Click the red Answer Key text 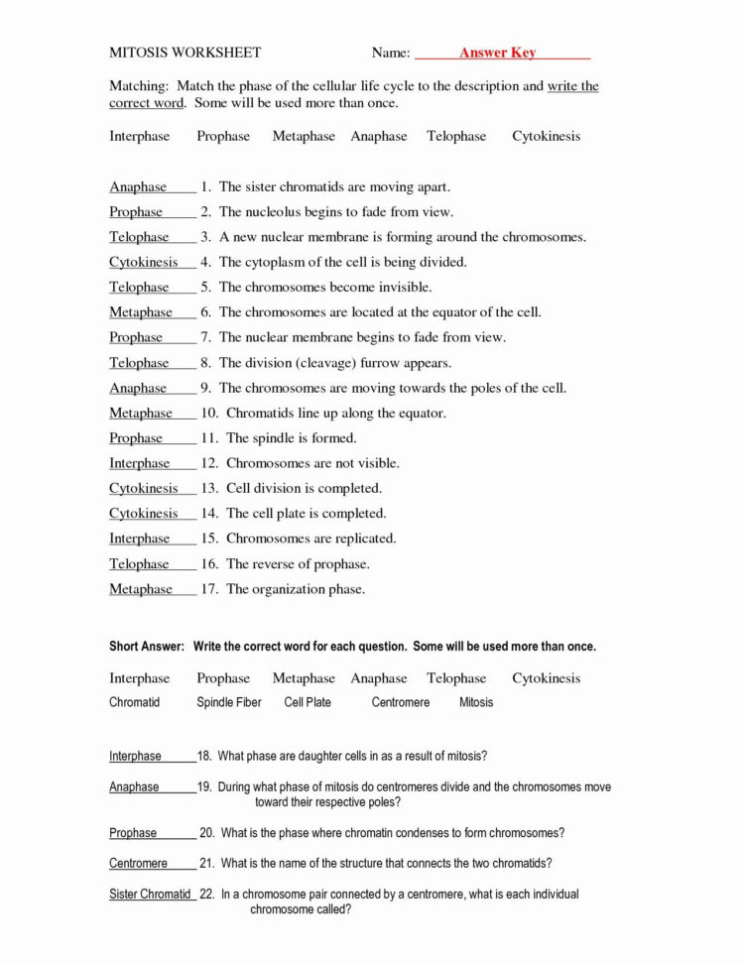(x=497, y=53)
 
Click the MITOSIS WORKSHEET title (x=185, y=53)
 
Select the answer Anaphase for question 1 (x=138, y=186)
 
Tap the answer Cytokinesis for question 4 (x=144, y=262)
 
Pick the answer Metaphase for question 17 (x=140, y=589)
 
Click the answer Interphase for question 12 (x=139, y=463)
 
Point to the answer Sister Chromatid (x=150, y=894)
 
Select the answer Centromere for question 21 (x=138, y=863)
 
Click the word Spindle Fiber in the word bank (x=229, y=702)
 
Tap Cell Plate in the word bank (x=308, y=702)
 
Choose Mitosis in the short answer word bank (x=476, y=702)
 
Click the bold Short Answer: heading (x=147, y=647)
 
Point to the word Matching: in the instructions (x=138, y=86)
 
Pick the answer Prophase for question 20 (x=133, y=833)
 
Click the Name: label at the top (x=391, y=53)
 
